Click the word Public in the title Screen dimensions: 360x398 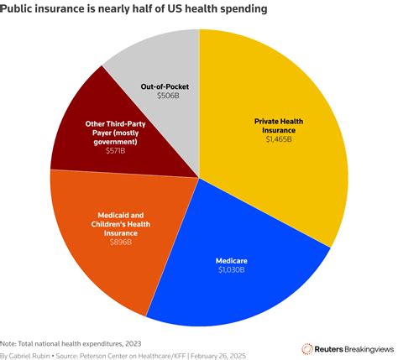tap(21, 9)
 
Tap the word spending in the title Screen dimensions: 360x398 tap(244, 9)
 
